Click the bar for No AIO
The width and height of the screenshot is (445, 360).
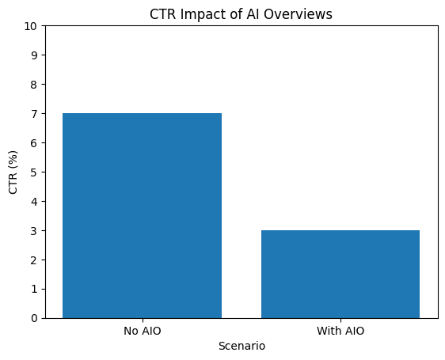tap(142, 215)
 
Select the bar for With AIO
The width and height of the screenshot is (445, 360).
tap(340, 274)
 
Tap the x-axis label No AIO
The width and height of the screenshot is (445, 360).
tap(142, 331)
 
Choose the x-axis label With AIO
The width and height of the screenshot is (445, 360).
tap(340, 331)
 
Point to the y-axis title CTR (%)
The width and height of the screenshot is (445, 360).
tap(13, 172)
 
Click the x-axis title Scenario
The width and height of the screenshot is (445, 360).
tap(242, 346)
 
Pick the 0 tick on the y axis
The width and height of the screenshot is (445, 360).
tap(36, 318)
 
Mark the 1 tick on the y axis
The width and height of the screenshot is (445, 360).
tap(36, 289)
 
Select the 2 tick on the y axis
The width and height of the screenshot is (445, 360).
tap(36, 260)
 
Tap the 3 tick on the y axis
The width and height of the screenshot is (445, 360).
tap(36, 230)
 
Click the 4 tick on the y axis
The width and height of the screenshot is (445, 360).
tap(36, 201)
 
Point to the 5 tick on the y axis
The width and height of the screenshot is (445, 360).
tap(36, 172)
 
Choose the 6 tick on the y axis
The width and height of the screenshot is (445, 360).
tap(36, 142)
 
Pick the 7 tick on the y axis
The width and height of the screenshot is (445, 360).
tap(36, 113)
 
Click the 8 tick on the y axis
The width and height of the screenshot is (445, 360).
tap(36, 84)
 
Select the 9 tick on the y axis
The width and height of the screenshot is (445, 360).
tap(36, 55)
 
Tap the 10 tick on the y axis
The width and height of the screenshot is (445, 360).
tap(32, 25)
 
